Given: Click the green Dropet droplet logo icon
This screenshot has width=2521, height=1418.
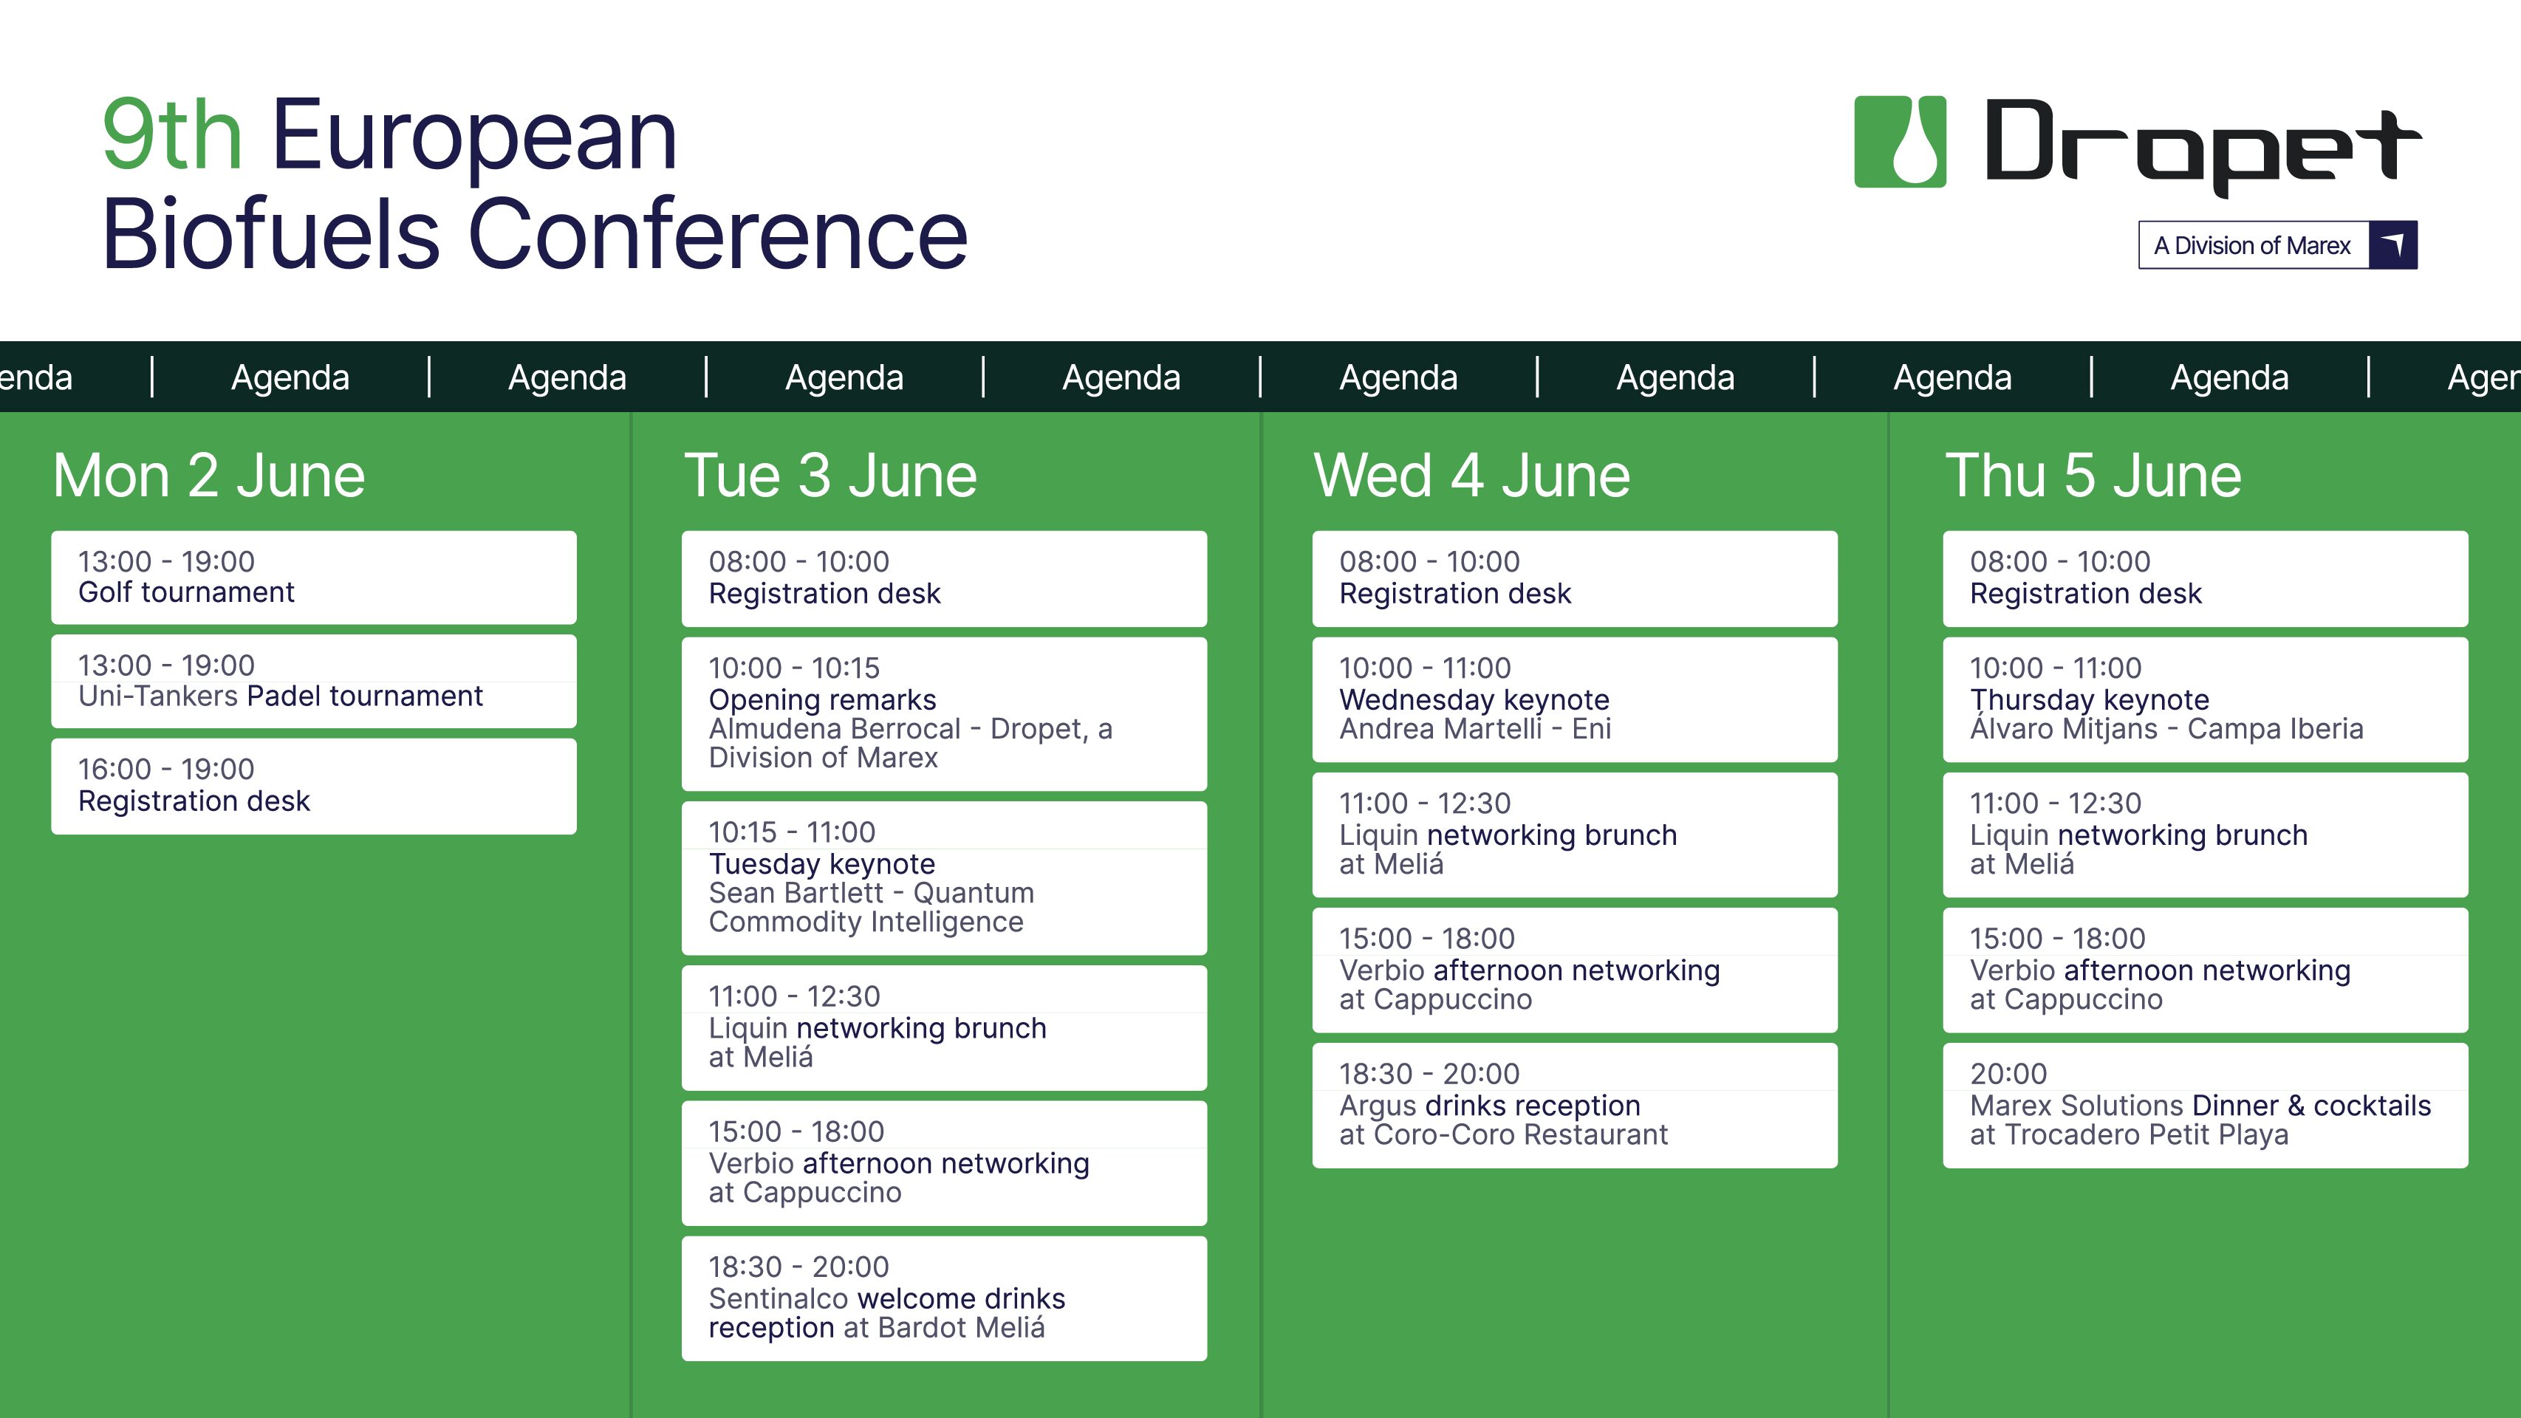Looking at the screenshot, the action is pos(1900,142).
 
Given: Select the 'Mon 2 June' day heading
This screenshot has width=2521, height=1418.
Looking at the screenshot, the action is pos(208,476).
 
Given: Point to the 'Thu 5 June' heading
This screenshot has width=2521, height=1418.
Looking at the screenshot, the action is pos(2093,476).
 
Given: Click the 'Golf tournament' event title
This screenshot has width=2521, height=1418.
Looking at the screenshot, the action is pos(186,592).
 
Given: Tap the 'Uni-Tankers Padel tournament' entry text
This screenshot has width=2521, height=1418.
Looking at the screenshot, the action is pos(280,696).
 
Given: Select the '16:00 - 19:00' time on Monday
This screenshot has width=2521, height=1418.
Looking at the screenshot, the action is pos(165,769).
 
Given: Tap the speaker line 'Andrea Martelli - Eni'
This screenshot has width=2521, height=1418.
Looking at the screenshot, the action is pos(1475,729).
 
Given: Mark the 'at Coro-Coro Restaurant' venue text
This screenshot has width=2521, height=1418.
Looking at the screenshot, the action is pos(1503,1135).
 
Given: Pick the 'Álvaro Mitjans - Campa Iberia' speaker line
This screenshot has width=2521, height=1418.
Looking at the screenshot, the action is pos(2166,728).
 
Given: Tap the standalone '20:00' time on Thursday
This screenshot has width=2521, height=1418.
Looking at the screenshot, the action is pos(2008,1074).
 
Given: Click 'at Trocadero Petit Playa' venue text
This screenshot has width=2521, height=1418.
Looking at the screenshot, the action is pos(2129,1135).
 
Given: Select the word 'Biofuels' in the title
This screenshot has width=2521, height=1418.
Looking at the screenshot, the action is pos(271,235).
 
